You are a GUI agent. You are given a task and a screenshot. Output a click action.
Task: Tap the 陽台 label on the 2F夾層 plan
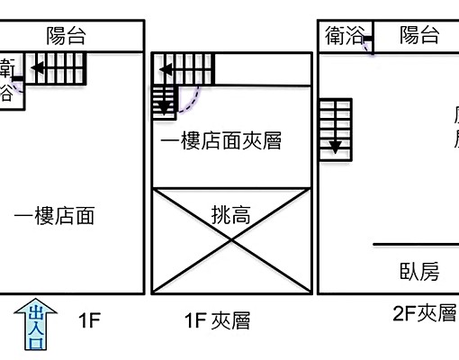point(419,36)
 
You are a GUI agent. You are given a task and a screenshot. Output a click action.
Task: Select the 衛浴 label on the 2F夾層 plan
point(345,36)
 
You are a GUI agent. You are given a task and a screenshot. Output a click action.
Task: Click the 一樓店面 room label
point(55,216)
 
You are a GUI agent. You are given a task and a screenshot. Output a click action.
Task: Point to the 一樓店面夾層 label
point(221,142)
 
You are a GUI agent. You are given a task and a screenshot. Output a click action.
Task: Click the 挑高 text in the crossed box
point(231,215)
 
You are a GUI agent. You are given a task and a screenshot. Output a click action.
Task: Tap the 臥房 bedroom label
point(418,271)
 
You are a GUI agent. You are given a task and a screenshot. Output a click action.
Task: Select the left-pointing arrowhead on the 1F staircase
point(39,66)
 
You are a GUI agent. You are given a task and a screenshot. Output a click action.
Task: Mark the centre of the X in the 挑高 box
point(231,240)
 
